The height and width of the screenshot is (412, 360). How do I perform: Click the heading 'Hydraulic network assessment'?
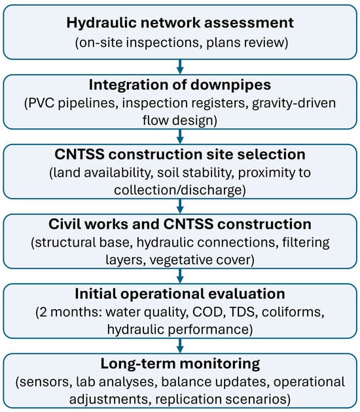tap(180, 23)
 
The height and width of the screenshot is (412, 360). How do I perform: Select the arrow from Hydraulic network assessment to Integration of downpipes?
tap(180, 67)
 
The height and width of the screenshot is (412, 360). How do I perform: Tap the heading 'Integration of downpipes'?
tap(180, 85)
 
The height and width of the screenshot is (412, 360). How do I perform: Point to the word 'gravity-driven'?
tap(294, 103)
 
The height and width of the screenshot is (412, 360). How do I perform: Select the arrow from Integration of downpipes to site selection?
tap(180, 137)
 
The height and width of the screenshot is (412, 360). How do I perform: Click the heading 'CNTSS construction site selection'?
tap(180, 154)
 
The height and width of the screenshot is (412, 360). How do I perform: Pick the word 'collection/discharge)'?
tap(180, 190)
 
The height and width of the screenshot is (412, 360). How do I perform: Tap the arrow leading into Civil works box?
tap(180, 206)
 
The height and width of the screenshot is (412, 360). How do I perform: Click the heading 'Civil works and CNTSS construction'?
tap(180, 224)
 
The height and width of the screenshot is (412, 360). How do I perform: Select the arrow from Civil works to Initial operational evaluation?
tap(180, 276)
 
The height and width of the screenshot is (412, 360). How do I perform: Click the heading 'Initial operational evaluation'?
tap(180, 294)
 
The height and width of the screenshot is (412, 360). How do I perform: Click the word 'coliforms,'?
tap(293, 312)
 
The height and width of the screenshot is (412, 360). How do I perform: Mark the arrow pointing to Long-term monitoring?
tap(180, 346)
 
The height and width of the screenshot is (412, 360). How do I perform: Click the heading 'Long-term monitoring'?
tap(180, 364)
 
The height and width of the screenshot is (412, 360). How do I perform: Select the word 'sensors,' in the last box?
tap(44, 382)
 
